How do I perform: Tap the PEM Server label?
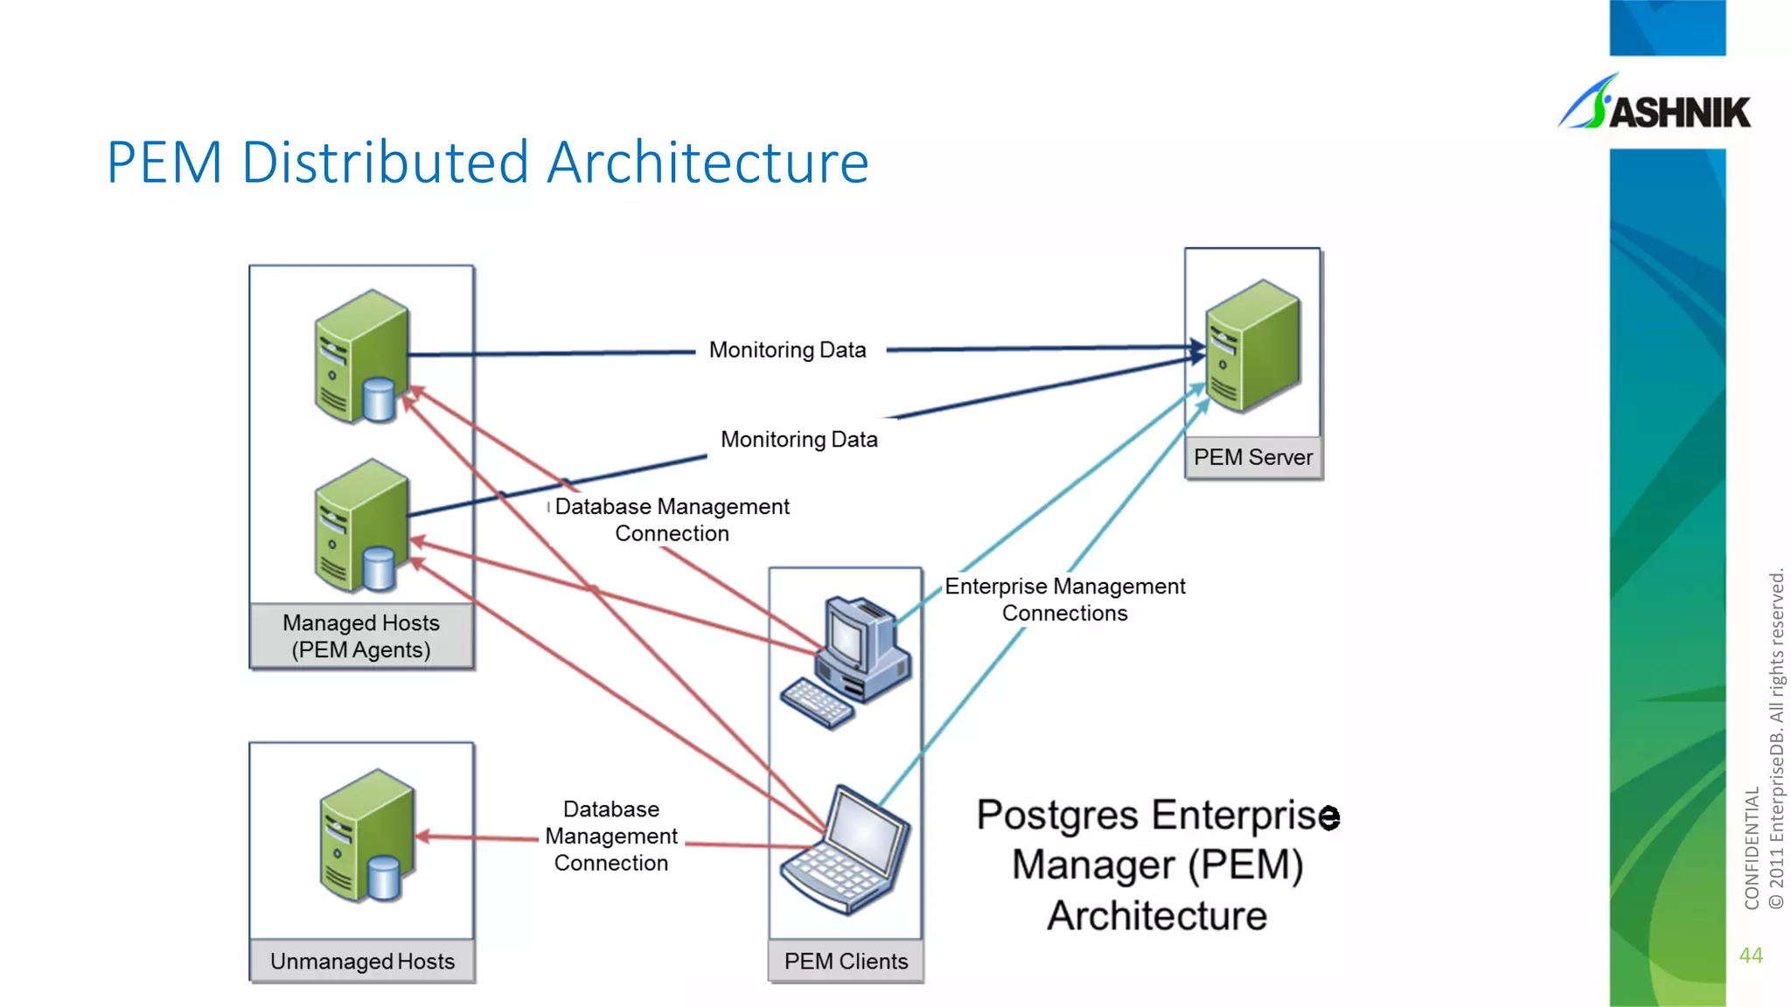click(1252, 457)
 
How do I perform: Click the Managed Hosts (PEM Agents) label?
click(361, 636)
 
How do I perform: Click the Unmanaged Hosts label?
click(362, 962)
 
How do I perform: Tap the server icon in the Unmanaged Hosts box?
click(366, 836)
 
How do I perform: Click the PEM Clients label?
click(846, 962)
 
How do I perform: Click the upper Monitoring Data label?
click(787, 350)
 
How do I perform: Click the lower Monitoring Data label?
click(798, 440)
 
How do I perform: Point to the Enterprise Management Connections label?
click(1064, 600)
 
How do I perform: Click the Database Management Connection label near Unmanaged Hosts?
click(611, 836)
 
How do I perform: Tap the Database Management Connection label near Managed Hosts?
click(672, 520)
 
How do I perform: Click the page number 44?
click(1751, 955)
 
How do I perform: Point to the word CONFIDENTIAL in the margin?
click(1752, 848)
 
